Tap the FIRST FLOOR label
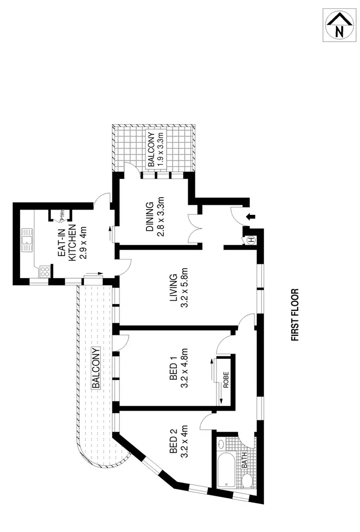tap(295, 315)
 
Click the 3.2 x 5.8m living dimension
tap(183, 290)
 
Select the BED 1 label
tap(173, 365)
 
